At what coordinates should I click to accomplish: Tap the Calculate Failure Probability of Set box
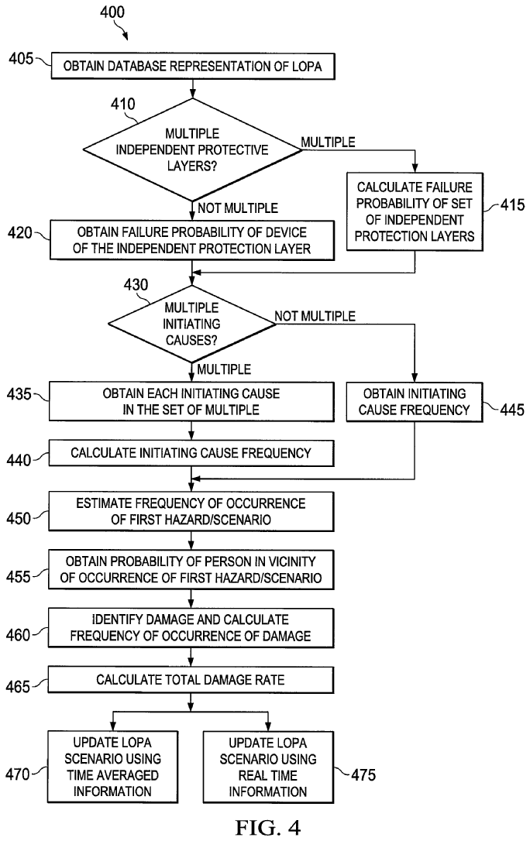pos(415,211)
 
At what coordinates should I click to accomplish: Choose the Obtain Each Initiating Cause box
pos(191,402)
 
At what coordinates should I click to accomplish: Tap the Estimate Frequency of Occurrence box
pos(191,512)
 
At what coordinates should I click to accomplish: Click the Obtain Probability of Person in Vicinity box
pos(191,568)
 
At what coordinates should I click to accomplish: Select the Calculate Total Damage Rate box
pos(191,679)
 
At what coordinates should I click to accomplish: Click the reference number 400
pos(110,12)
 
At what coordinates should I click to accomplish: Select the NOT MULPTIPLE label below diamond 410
pos(238,207)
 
